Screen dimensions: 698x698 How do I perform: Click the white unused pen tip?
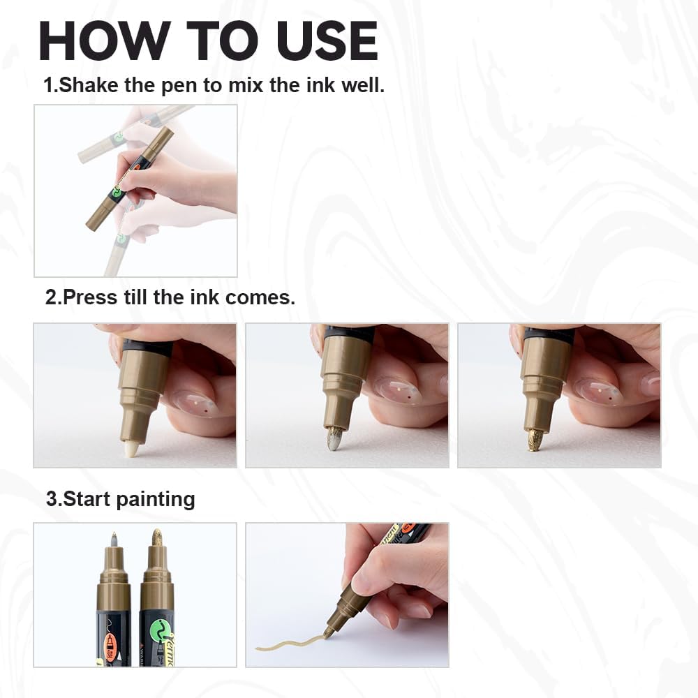click(131, 447)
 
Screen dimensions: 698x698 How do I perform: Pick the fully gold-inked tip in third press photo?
click(536, 439)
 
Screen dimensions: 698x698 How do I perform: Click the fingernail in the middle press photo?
click(398, 391)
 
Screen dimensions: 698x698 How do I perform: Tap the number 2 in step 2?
click(51, 297)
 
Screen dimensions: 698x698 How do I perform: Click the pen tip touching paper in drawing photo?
click(327, 634)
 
